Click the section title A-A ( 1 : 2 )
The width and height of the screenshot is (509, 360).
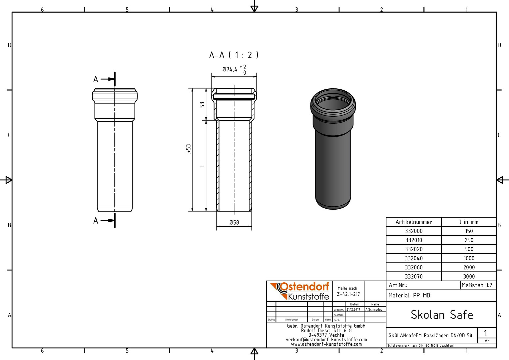[x=234, y=55]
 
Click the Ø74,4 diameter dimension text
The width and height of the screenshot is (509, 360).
[x=230, y=69]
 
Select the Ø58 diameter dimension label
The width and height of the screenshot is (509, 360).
[x=234, y=222]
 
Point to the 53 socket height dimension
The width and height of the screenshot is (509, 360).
[x=202, y=105]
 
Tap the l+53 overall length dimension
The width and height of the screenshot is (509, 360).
[x=188, y=149]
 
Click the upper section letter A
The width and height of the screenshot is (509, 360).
[x=96, y=79]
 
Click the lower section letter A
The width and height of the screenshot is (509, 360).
[x=96, y=221]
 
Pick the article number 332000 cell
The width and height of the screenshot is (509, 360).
[x=414, y=231]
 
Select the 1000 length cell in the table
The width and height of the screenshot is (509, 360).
[x=469, y=258]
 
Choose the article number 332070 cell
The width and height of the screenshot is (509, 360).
[x=414, y=277]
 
